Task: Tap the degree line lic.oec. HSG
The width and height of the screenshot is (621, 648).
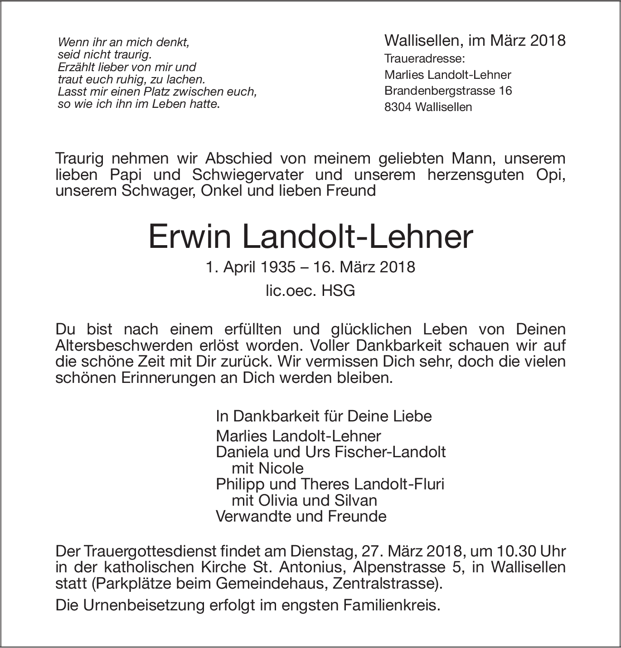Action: coord(310,290)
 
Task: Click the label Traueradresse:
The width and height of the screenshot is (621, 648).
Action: coord(418,59)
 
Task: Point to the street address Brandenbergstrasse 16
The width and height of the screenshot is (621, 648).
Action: coord(448,91)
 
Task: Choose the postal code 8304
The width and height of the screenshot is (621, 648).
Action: coord(398,107)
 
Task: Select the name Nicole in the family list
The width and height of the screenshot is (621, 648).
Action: coord(281,468)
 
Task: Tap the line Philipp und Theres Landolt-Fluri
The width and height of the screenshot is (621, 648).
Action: coord(330,484)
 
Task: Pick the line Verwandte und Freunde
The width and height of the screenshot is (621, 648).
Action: coord(301,516)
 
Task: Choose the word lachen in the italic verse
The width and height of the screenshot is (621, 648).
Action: coord(188,79)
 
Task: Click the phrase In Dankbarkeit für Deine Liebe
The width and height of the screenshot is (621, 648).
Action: coord(324,416)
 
